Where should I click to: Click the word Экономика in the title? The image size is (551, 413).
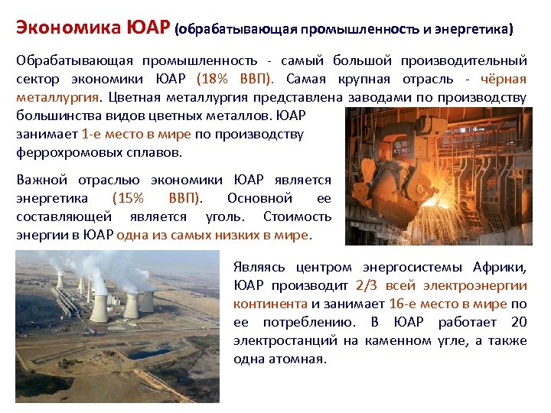click(67, 30)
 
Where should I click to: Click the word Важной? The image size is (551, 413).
click(41, 180)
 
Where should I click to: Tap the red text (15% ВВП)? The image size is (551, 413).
click(158, 199)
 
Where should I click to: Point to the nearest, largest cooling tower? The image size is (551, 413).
click(99, 306)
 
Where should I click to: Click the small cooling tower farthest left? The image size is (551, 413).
click(59, 281)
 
